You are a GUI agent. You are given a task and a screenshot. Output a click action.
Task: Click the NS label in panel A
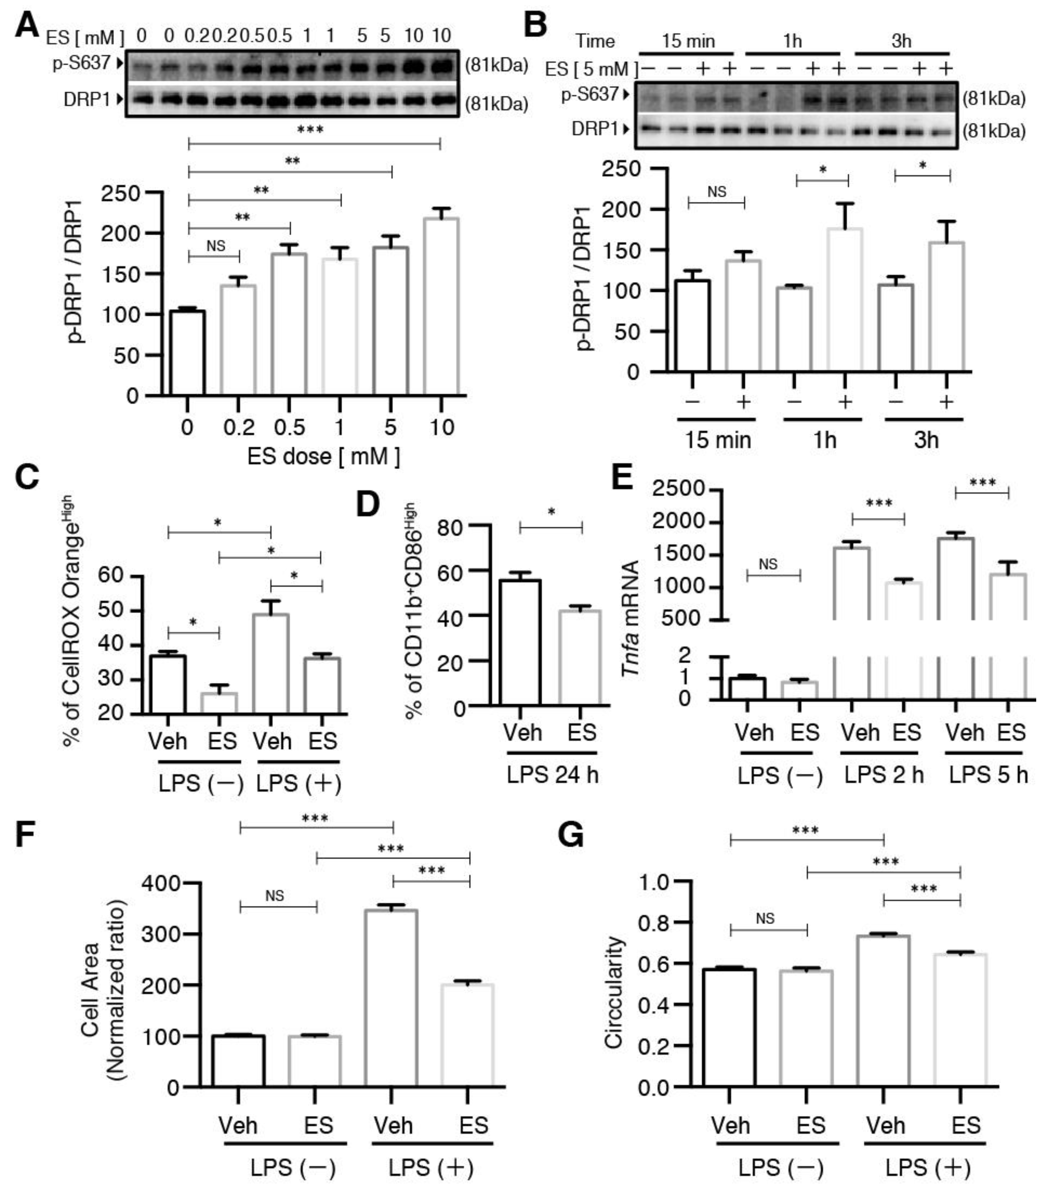point(215,246)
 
